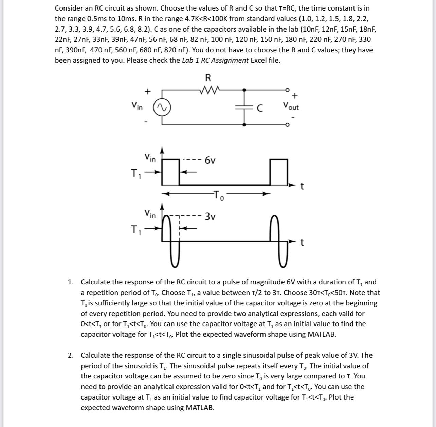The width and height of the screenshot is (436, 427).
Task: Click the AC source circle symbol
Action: click(x=162, y=107)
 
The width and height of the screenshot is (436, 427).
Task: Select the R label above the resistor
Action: click(x=208, y=78)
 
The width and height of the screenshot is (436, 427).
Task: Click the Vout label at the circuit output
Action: click(x=291, y=106)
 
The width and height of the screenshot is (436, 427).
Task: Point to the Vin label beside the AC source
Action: click(x=137, y=106)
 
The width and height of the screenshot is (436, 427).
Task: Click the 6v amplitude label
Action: click(x=210, y=160)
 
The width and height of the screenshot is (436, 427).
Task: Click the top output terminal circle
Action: click(x=287, y=90)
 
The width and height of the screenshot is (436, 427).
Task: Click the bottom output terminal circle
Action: click(x=287, y=125)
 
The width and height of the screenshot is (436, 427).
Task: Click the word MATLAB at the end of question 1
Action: click(x=321, y=334)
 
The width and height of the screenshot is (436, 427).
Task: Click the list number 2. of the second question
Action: click(x=70, y=355)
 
